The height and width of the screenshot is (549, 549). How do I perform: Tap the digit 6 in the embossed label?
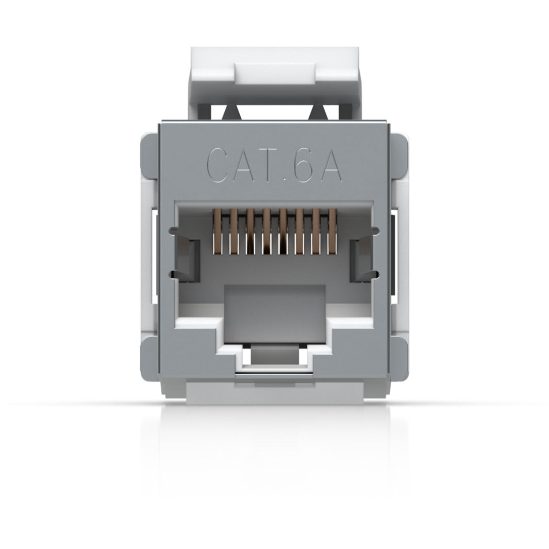(304, 164)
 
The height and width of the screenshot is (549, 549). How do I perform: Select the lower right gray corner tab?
(399, 358)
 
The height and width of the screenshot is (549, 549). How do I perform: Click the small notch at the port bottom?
(274, 356)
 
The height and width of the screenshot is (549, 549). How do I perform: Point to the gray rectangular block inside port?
(274, 312)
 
